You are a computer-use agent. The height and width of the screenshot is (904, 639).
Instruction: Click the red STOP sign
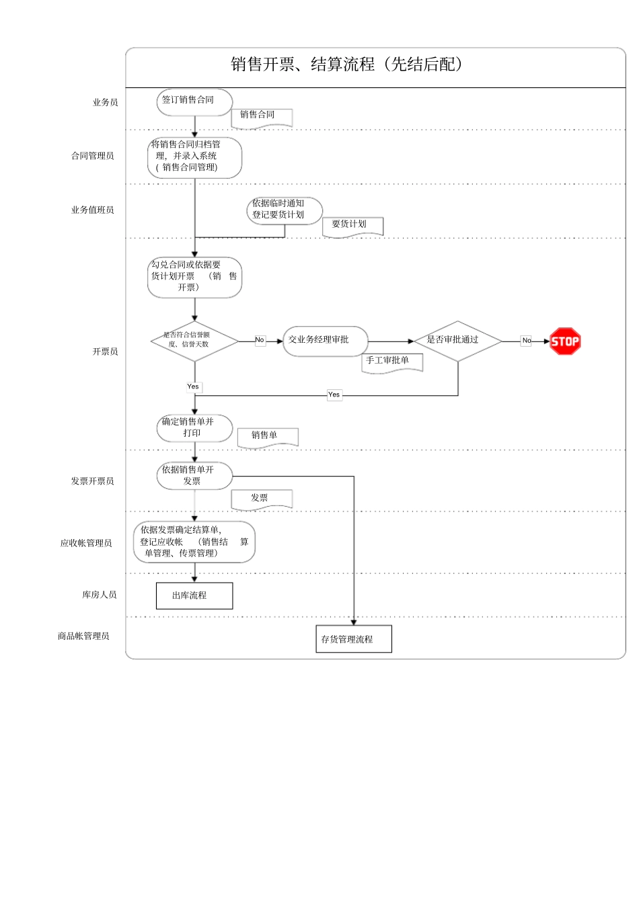pyautogui.click(x=565, y=341)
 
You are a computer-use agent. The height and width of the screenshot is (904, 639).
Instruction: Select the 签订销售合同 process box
pyautogui.click(x=194, y=103)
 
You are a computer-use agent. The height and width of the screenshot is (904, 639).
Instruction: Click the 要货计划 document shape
pyautogui.click(x=352, y=227)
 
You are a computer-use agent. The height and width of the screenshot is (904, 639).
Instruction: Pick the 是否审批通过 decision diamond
pyautogui.click(x=457, y=341)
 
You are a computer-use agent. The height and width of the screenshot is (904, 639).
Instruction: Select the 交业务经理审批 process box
pyautogui.click(x=325, y=341)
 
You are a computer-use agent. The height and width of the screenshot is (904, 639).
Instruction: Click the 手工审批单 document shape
pyautogui.click(x=391, y=363)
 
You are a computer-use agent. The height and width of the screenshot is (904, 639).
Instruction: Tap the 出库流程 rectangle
pyautogui.click(x=194, y=595)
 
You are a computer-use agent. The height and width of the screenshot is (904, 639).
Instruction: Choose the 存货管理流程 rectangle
pyautogui.click(x=354, y=639)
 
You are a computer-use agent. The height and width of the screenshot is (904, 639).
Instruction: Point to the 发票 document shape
pyautogui.click(x=262, y=500)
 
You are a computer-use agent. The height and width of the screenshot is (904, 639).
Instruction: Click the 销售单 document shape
pyautogui.click(x=268, y=438)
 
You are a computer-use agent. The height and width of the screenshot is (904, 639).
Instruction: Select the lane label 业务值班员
pyautogui.click(x=93, y=210)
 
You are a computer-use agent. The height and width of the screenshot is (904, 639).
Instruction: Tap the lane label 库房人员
pyautogui.click(x=100, y=594)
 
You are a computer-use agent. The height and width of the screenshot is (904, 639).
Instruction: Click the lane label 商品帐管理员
pyautogui.click(x=83, y=636)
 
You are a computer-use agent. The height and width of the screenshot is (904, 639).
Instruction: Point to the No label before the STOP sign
pyautogui.click(x=526, y=341)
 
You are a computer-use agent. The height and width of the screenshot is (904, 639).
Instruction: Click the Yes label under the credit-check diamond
pyautogui.click(x=193, y=386)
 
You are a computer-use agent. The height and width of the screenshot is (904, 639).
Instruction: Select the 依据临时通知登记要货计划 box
pyautogui.click(x=285, y=210)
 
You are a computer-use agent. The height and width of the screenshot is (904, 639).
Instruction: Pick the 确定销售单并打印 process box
pyautogui.click(x=194, y=427)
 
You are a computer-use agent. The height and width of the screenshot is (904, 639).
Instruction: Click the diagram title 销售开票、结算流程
pyautogui.click(x=303, y=65)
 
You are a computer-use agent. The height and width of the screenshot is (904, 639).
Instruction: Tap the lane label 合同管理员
pyautogui.click(x=93, y=156)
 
